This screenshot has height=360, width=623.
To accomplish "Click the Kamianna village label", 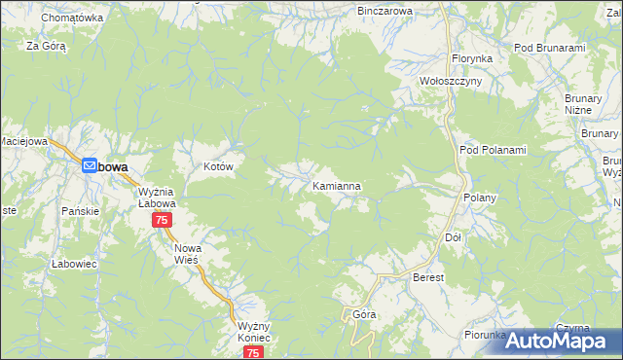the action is [x=338, y=185].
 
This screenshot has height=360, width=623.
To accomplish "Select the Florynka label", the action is [x=471, y=58].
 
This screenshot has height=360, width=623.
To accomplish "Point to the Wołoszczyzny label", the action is [x=450, y=82].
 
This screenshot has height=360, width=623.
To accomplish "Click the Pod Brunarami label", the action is [x=549, y=48].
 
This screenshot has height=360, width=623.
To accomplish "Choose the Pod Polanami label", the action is [x=492, y=150].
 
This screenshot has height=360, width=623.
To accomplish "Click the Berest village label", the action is [x=428, y=277].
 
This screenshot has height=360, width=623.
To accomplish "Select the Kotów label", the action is [x=219, y=167].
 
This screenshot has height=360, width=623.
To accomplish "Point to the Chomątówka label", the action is [x=72, y=18].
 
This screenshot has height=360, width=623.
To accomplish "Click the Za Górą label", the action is [x=45, y=46].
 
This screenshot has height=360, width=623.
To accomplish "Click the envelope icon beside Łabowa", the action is [x=90, y=166].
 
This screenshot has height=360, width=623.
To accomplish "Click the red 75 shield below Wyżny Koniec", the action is [x=253, y=352].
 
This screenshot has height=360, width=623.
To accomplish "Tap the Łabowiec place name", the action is [x=70, y=264].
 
